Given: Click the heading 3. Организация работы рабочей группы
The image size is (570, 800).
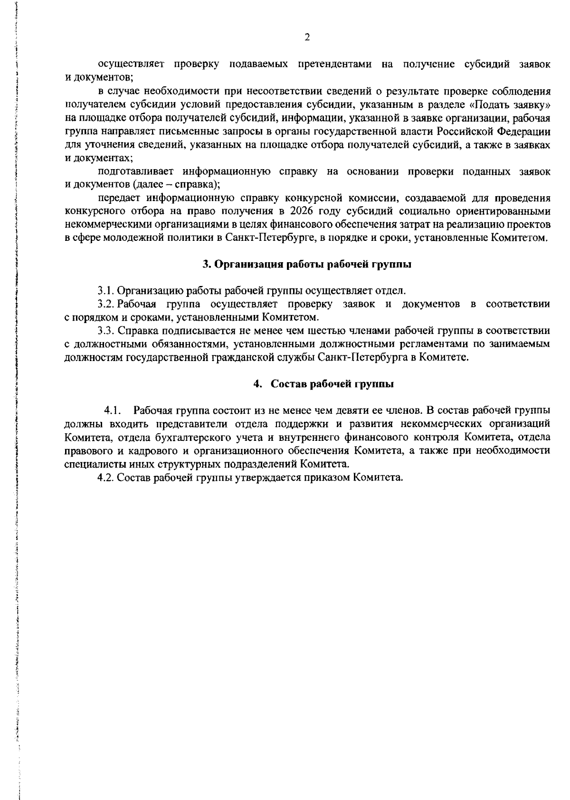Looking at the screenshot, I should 307,265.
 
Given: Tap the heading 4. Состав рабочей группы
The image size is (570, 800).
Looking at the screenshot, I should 323,384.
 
